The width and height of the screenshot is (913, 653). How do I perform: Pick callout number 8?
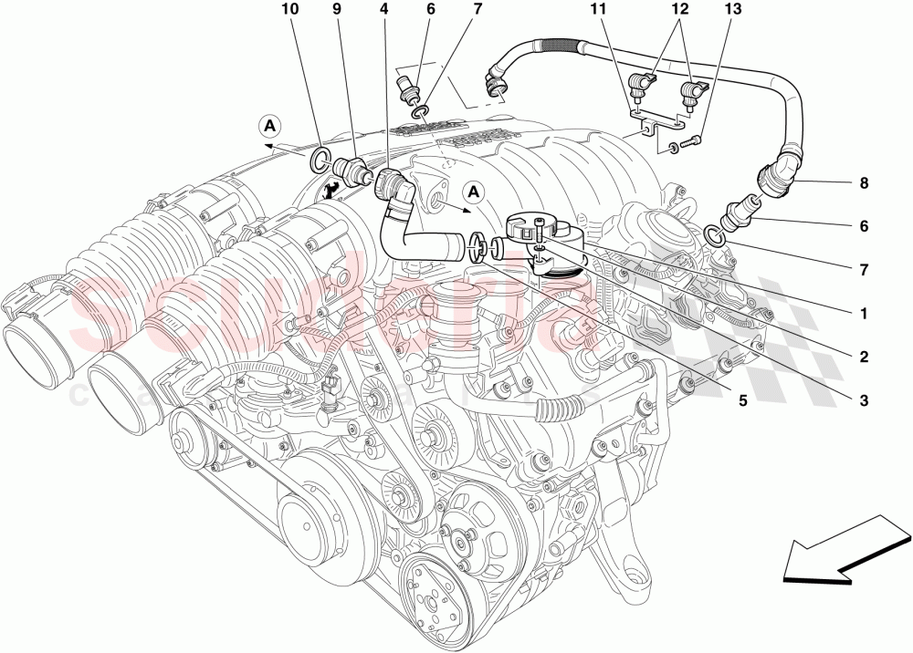pyautogui.click(x=864, y=183)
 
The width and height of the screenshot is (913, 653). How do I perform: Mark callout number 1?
pyautogui.click(x=864, y=313)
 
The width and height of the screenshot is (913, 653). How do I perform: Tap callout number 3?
pyautogui.click(x=864, y=399)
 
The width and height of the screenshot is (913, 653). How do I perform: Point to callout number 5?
pyautogui.click(x=743, y=399)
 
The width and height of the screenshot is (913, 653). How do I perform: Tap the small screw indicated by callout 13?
pyautogui.click(x=696, y=140)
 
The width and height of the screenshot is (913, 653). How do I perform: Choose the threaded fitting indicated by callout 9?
pyautogui.click(x=350, y=170)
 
